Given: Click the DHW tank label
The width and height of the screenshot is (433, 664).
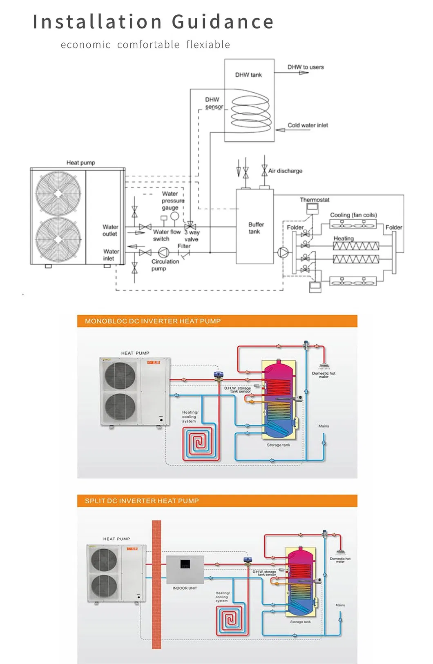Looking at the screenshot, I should pos(248,75).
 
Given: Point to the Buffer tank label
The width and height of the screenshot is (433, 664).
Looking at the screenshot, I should pos(256,228).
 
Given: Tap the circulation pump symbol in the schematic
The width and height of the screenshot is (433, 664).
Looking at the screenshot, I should pos(163,252).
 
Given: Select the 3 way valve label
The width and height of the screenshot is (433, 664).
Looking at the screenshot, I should pos(192,236).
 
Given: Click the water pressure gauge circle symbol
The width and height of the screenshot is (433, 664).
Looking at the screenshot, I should pos(174,216).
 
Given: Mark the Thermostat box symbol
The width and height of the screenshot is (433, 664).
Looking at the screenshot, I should pos(312,207).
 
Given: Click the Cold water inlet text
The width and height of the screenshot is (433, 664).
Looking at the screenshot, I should pos(308,125).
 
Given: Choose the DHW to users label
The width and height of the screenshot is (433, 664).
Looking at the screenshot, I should pos(306,67).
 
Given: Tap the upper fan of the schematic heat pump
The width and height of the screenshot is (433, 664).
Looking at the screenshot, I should pos(58,193).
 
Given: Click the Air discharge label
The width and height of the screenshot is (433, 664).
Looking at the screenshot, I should pos(285,171).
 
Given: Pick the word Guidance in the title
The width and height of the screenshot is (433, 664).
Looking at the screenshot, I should pos(223,22).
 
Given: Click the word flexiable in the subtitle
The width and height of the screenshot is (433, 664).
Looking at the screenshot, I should pos(208,45).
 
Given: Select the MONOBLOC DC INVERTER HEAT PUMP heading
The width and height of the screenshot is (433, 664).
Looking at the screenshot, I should pos(153,321).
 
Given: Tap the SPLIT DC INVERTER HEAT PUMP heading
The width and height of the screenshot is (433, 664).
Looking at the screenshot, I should pos(142,501).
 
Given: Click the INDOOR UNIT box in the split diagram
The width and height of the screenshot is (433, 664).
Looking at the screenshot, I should pos(185,569).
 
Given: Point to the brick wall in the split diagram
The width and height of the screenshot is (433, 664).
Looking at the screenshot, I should pos(156,584).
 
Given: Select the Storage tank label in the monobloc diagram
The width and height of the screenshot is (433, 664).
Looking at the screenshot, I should pos(279,445).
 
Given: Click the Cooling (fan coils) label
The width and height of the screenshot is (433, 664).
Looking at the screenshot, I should pos(353,215).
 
